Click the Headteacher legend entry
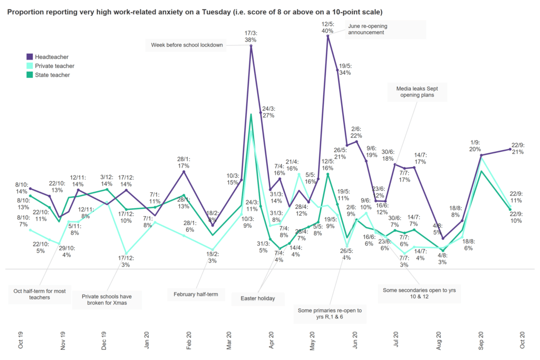[x=51, y=56]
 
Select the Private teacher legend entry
[x=54, y=66]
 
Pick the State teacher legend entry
[x=52, y=75]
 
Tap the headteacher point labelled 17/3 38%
[x=251, y=46]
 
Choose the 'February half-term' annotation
[x=196, y=293]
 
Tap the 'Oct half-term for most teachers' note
[x=40, y=294]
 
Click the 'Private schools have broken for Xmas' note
[x=106, y=300]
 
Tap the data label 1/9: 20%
[x=475, y=146]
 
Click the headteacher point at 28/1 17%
[x=184, y=171]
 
